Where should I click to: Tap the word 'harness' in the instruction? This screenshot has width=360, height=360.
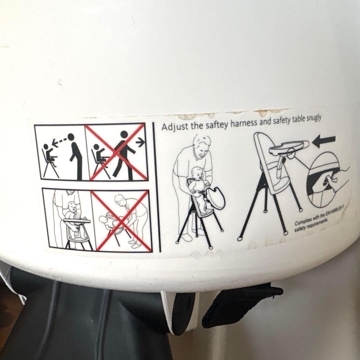point(244,123)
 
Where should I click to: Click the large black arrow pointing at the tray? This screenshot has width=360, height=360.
point(325,141)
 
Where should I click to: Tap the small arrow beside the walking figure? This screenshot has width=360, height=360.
point(140,143)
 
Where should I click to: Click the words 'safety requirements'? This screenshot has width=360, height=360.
point(311,225)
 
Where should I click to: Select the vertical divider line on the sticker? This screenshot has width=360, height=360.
point(156,187)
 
